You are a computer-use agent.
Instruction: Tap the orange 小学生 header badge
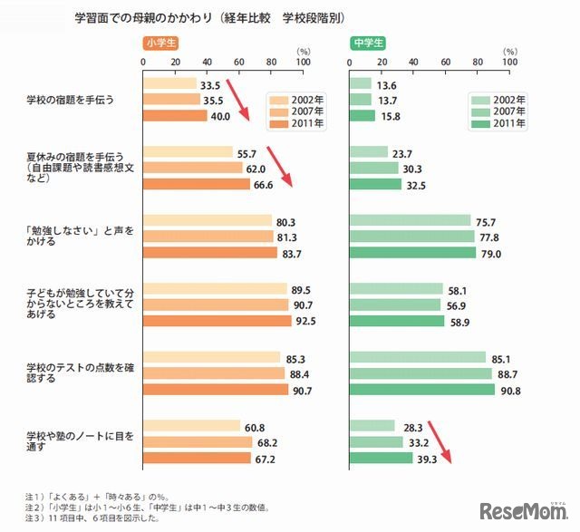point(161,44)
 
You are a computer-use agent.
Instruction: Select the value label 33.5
point(212,84)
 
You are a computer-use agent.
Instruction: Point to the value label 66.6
point(265,184)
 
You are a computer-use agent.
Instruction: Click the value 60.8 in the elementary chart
point(255,426)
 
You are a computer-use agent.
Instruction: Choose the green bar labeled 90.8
point(422,390)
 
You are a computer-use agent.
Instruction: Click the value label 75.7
point(486,220)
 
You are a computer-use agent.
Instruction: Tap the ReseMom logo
point(522,509)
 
